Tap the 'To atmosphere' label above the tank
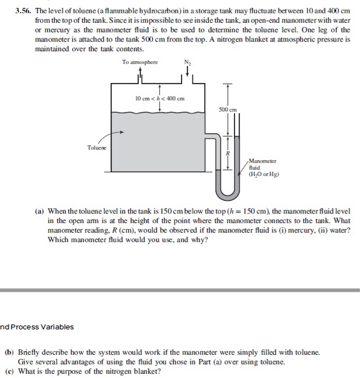pos(140,62)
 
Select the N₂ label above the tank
pos(189,63)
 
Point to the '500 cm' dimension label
pos(228,110)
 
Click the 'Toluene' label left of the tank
pos(97,146)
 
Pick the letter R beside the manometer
pos(228,153)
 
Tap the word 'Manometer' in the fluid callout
pos(263,161)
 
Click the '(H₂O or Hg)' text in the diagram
pos(264,174)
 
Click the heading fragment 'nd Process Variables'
pos(37,327)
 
